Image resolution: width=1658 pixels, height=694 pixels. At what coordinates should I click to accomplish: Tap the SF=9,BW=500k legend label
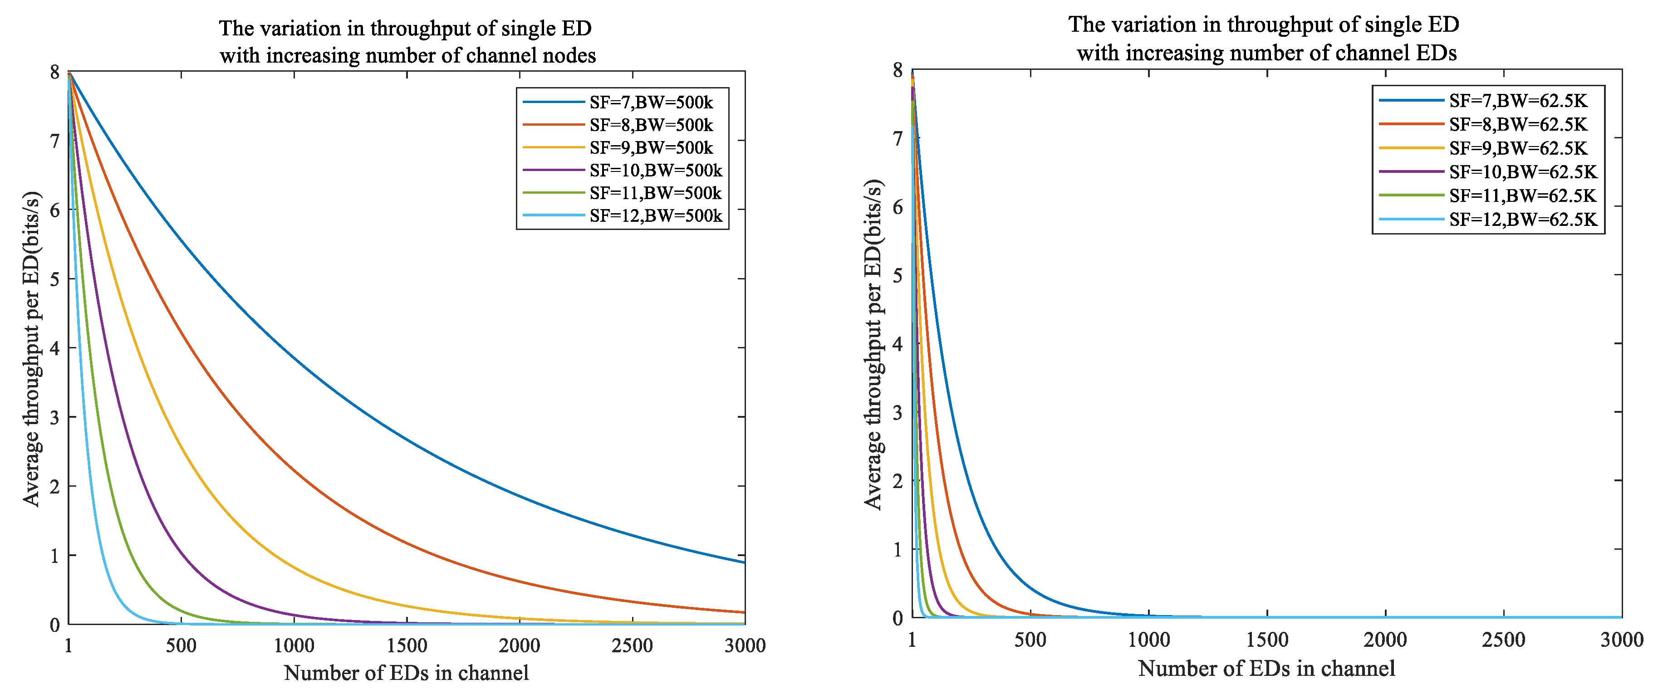click(650, 148)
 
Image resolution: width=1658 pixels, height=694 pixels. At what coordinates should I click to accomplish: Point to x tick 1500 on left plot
click(407, 645)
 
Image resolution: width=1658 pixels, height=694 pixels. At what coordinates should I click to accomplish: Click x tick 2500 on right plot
click(1504, 639)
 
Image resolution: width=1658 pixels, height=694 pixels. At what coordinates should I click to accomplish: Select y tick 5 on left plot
click(55, 279)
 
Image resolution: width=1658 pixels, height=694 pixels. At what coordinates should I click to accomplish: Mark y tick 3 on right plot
click(897, 412)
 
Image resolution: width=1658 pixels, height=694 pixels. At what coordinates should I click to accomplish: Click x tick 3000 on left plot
click(745, 645)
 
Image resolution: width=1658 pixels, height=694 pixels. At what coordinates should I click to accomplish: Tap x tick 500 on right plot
click(1030, 639)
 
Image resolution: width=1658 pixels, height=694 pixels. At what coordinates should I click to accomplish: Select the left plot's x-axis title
click(406, 673)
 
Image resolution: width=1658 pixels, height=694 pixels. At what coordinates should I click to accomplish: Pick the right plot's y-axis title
click(873, 344)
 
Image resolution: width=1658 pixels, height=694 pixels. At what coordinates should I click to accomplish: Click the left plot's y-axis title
click(32, 349)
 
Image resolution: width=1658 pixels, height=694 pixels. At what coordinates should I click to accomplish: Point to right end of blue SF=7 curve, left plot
click(743, 562)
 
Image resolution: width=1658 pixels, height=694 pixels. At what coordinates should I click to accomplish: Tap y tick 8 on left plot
click(55, 72)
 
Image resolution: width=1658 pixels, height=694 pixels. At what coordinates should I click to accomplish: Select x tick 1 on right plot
click(912, 639)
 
